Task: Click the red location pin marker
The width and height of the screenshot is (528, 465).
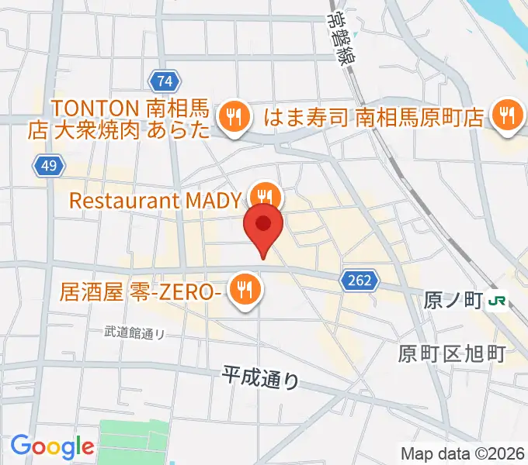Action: [x=263, y=226]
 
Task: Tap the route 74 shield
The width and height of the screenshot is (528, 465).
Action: [x=163, y=80]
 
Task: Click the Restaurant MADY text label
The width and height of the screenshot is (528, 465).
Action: [x=155, y=201]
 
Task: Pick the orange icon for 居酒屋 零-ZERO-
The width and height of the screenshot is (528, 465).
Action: [x=246, y=289]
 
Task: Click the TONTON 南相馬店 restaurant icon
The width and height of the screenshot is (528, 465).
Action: [x=232, y=116]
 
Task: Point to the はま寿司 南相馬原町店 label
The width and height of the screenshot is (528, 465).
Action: [x=374, y=118]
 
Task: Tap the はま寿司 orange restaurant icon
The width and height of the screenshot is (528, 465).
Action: [x=508, y=116]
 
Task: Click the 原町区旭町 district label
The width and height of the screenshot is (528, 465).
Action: [x=452, y=354]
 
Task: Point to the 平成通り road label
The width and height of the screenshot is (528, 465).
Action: [x=260, y=377]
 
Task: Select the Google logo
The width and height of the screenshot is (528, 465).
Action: [x=52, y=446]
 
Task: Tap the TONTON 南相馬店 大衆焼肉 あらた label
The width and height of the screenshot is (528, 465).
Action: [x=119, y=118]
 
